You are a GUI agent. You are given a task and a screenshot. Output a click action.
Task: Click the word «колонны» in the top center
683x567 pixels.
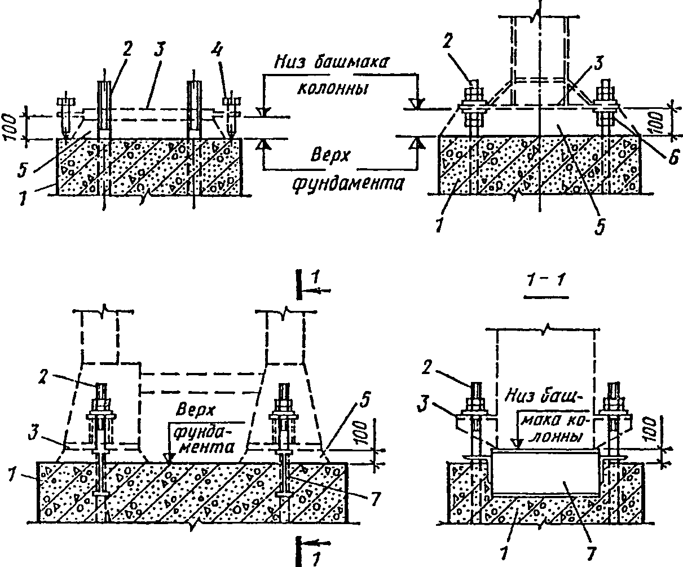pos(332,89)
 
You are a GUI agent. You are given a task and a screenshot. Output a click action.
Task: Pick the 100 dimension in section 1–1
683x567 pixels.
pos(651,429)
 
